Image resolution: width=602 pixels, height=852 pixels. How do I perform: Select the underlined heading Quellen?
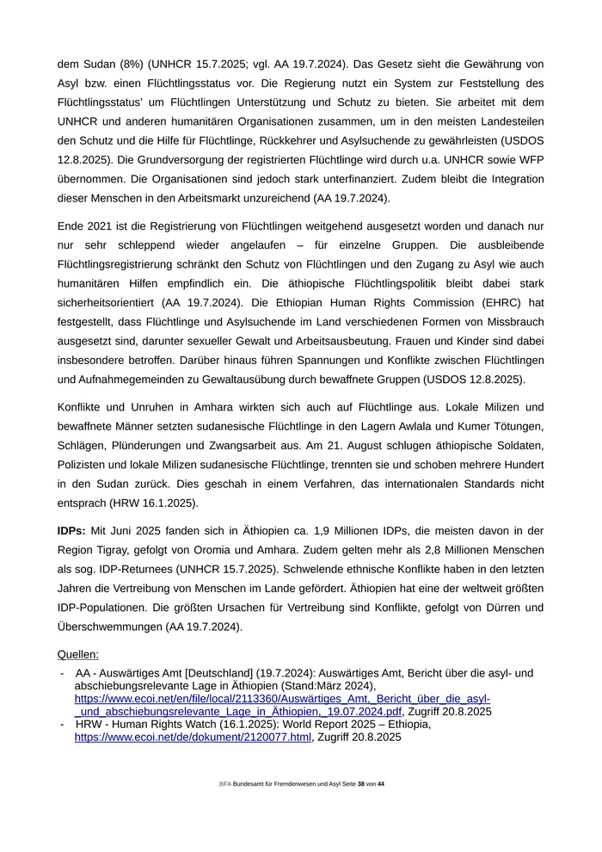click(x=78, y=655)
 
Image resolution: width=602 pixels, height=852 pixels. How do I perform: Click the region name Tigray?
click(x=131, y=550)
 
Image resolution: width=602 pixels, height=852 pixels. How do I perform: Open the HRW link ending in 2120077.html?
click(x=193, y=738)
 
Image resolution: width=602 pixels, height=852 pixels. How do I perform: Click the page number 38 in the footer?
click(x=361, y=784)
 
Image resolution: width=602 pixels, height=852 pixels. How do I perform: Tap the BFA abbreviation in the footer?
click(x=225, y=784)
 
